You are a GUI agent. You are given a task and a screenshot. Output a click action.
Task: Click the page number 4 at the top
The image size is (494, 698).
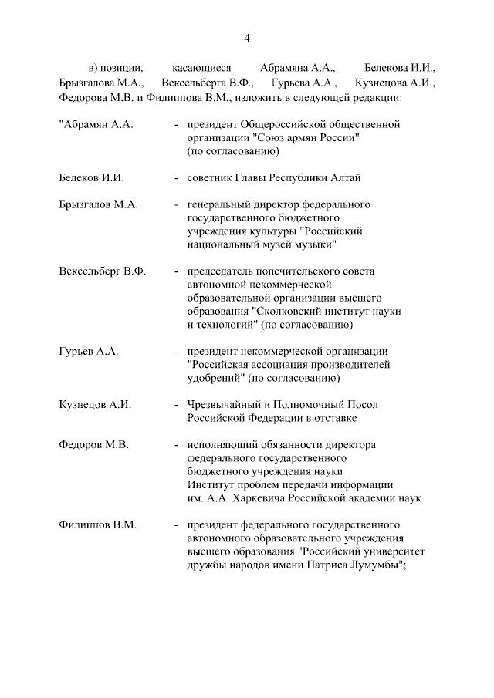pos(247,38)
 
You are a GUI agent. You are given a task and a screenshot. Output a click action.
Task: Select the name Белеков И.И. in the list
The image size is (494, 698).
pos(91,177)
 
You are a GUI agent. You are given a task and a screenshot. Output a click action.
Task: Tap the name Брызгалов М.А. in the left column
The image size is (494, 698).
pos(97,204)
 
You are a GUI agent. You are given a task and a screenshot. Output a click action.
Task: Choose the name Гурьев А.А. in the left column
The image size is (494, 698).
pos(88,351)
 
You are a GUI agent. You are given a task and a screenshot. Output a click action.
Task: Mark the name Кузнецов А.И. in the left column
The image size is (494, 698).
pos(95,404)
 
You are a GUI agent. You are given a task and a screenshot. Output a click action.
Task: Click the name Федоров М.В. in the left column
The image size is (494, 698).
pos(93,445)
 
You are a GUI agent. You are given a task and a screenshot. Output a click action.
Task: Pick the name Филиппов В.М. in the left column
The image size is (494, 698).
pos(97,525)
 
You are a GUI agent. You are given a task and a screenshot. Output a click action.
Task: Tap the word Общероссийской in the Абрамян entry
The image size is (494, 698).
pos(287,123)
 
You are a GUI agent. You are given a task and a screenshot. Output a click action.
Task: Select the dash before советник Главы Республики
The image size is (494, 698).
pos(178,177)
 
